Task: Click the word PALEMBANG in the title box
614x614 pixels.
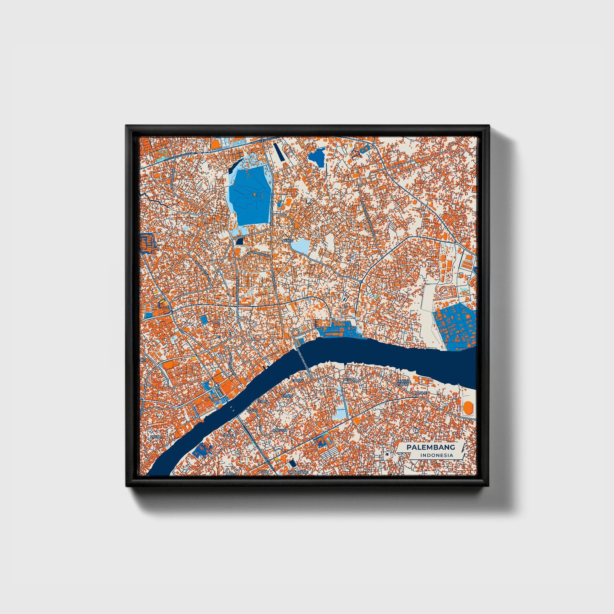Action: tap(430, 447)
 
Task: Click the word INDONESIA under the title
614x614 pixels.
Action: tap(436, 455)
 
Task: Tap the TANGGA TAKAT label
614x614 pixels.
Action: tap(403, 383)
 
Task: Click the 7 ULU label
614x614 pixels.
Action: tap(230, 436)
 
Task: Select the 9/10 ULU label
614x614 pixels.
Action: tap(279, 430)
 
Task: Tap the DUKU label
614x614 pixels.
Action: tap(288, 241)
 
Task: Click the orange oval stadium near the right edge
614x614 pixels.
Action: tap(468, 408)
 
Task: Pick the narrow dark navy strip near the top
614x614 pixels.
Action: tap(278, 152)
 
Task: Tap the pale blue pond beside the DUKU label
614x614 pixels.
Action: tap(302, 246)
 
